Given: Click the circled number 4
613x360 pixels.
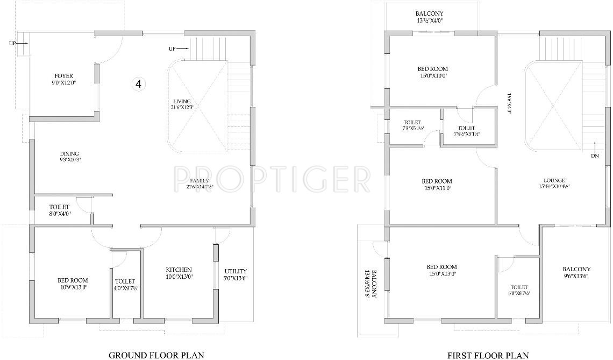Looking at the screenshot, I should tap(139, 84).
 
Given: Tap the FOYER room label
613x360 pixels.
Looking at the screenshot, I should tap(63, 76).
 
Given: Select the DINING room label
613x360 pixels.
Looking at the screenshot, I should tap(69, 153).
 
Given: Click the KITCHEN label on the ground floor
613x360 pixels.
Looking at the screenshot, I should tap(179, 270).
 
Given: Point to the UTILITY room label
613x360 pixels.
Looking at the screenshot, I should tap(236, 271).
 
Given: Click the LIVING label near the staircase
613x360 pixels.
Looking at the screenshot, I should tap(182, 101).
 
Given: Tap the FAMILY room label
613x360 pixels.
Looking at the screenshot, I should tap(199, 180).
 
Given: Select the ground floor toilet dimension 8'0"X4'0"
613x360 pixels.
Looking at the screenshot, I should tap(60, 214).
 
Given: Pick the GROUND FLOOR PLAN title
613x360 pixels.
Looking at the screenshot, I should tap(156, 355).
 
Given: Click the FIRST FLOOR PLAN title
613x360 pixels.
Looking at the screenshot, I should tap(488, 355).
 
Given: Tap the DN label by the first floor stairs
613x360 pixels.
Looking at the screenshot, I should tap(595, 156).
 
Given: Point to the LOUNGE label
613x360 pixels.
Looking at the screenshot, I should tap(554, 180).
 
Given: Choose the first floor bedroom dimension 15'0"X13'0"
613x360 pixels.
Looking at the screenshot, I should tap(441, 274).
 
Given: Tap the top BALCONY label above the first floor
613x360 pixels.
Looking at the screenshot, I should tap(429, 13).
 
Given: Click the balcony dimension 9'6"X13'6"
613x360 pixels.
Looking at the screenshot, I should tap(576, 277).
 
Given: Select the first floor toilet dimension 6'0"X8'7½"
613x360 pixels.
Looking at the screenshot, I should tap(519, 294).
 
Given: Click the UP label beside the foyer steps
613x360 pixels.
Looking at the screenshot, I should tap(12, 43).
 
